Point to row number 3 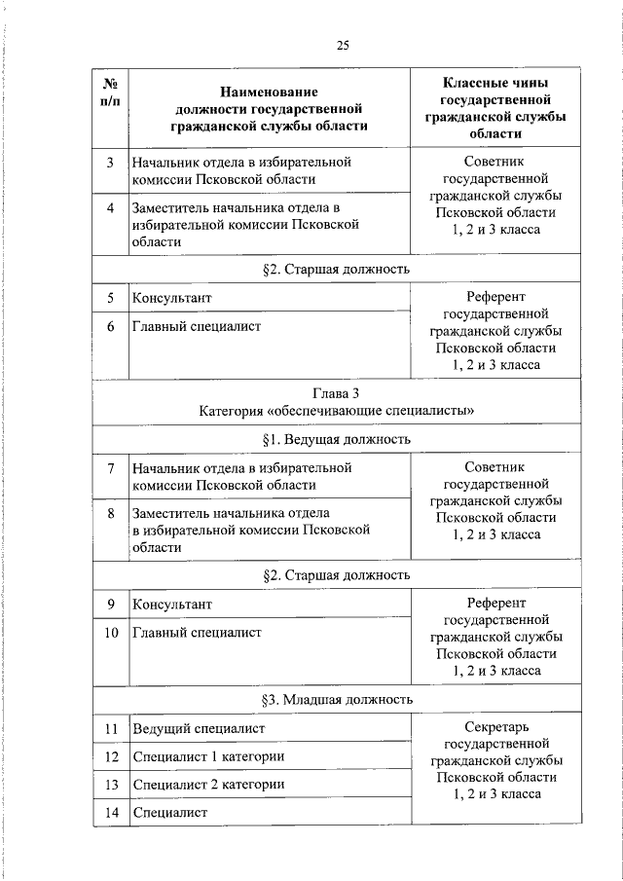[x=111, y=162]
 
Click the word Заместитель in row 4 [x=172, y=207]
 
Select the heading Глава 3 [x=336, y=393]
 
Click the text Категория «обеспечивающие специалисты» [x=336, y=411]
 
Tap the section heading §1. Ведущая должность [x=336, y=440]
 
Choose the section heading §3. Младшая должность [x=336, y=699]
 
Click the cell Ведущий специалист [x=199, y=728]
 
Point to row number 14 [x=111, y=812]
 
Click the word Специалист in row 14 [x=170, y=812]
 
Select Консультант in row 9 [x=172, y=605]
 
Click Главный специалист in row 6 [x=197, y=326]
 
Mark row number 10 [x=111, y=633]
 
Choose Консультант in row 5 [x=172, y=298]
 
